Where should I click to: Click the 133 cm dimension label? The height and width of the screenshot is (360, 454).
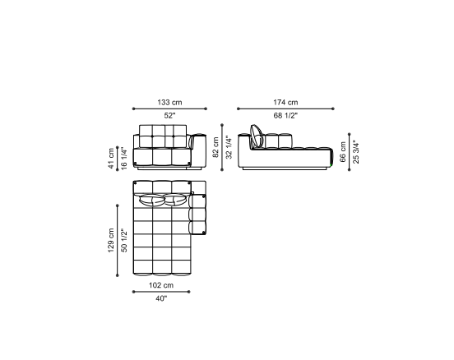point(169,102)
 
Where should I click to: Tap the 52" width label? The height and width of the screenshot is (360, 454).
point(169,115)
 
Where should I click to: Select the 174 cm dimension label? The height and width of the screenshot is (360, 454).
point(285,102)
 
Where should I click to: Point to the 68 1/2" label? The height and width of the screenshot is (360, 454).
point(285,115)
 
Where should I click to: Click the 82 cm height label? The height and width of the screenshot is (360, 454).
point(215,147)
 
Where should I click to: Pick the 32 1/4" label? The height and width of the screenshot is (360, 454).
point(229,147)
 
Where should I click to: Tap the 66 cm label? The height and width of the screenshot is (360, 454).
point(343,152)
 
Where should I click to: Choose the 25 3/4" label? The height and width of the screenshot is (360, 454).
point(356,152)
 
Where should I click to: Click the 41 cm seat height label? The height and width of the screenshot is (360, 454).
point(111,159)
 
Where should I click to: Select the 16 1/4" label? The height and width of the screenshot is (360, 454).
point(124,159)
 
